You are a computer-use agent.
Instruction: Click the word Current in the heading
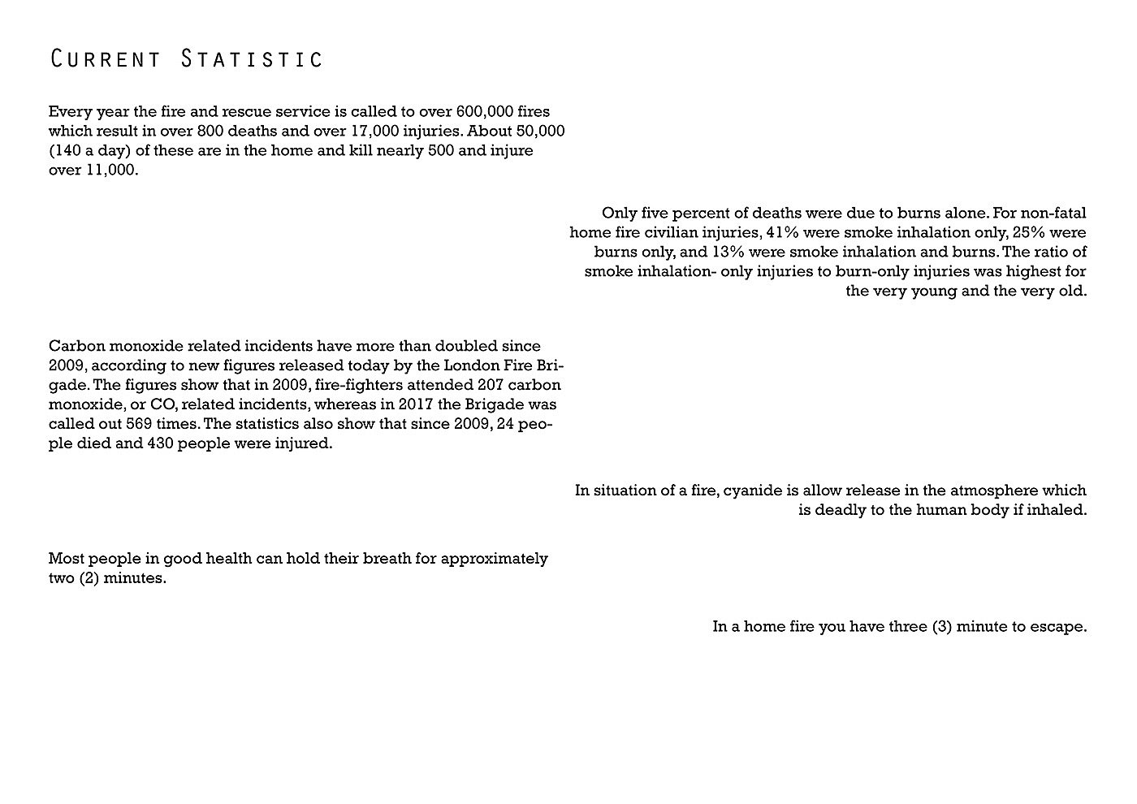point(105,59)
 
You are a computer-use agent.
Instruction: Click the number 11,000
point(110,170)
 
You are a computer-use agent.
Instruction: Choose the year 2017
point(416,404)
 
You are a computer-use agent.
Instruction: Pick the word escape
point(1058,626)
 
